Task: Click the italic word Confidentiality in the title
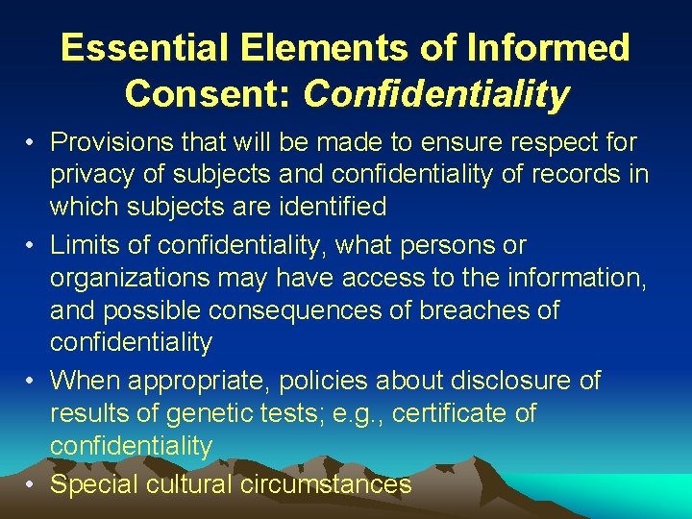436,94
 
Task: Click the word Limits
89,244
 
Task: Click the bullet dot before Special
32,483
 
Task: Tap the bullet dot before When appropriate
32,381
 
